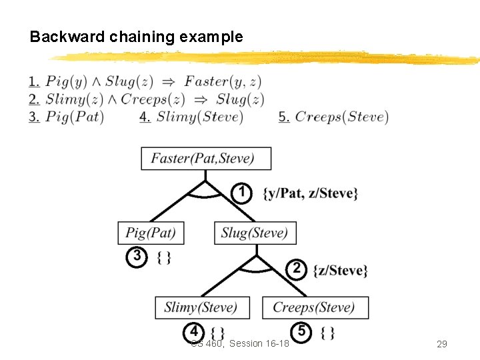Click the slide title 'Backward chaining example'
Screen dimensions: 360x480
136,37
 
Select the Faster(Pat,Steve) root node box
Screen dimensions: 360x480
206,159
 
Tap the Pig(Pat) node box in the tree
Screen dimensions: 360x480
151,233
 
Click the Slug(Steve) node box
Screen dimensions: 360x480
255,233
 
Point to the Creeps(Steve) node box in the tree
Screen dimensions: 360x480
315,307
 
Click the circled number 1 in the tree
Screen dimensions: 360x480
241,193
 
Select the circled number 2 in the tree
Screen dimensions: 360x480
296,269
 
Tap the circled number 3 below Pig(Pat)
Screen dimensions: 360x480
136,257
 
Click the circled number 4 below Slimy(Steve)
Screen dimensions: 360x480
193,331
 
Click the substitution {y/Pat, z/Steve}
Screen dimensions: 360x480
311,193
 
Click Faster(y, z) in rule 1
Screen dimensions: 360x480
223,81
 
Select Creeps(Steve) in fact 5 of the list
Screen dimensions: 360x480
341,117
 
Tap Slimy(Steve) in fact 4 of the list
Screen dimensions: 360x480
199,117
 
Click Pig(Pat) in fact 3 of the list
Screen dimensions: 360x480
75,117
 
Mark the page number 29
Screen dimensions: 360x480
441,344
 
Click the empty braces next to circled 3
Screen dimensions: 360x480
164,257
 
